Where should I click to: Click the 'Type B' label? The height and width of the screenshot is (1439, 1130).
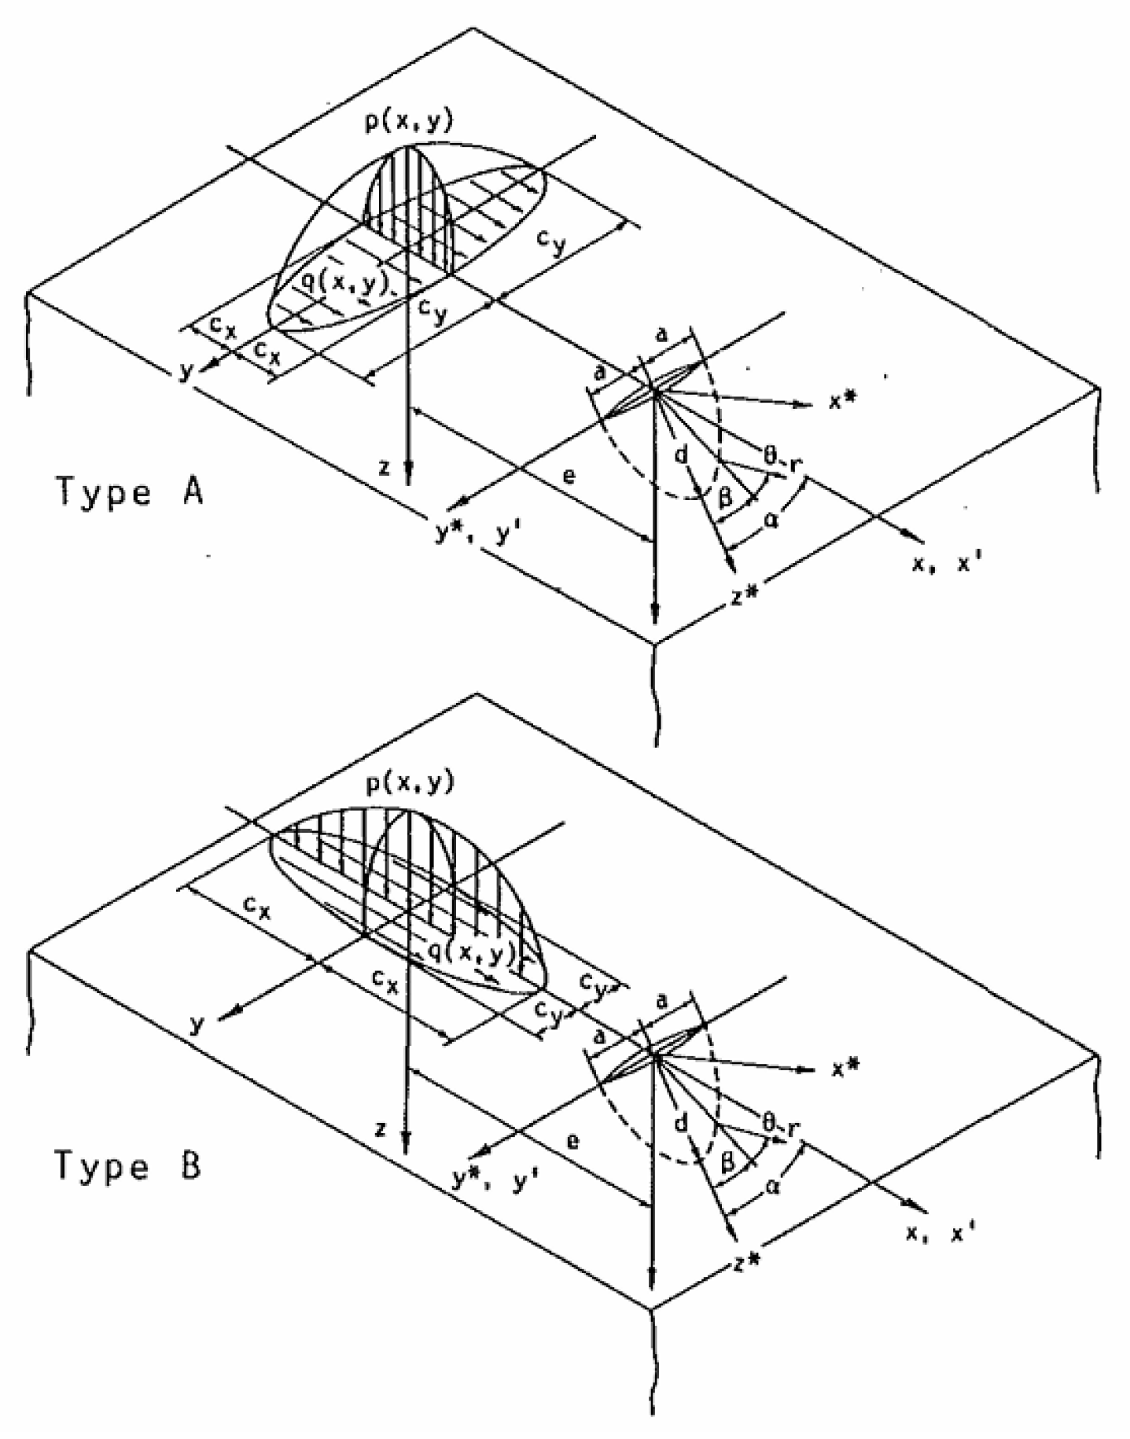(x=127, y=1166)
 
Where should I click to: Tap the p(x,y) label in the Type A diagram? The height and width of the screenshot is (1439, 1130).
(x=408, y=123)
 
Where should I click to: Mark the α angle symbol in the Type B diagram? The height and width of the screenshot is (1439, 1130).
(x=772, y=1188)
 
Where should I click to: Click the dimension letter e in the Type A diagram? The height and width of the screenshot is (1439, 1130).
(x=572, y=475)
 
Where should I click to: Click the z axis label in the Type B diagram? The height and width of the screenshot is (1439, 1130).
(x=381, y=1129)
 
